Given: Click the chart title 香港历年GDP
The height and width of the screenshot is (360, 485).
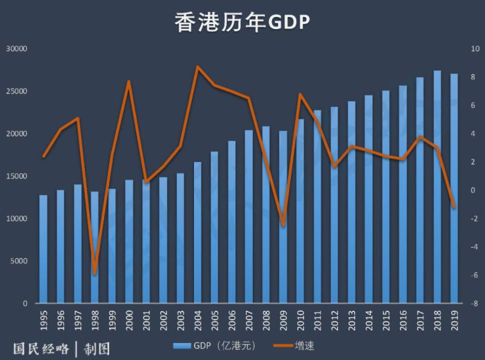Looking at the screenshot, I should [x=242, y=22].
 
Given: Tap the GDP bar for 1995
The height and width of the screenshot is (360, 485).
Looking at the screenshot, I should [x=43, y=248].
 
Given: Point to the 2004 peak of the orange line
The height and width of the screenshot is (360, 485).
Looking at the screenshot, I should [x=198, y=67].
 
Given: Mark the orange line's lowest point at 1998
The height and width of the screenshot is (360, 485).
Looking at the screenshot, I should [x=95, y=273].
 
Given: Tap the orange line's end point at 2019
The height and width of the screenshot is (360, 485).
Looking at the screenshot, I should [x=454, y=208].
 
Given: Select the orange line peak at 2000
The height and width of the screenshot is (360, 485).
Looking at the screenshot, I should [x=129, y=81].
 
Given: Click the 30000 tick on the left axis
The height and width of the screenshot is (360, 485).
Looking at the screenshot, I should [x=18, y=48].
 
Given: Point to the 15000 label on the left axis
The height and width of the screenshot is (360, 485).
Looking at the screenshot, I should [x=18, y=176].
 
